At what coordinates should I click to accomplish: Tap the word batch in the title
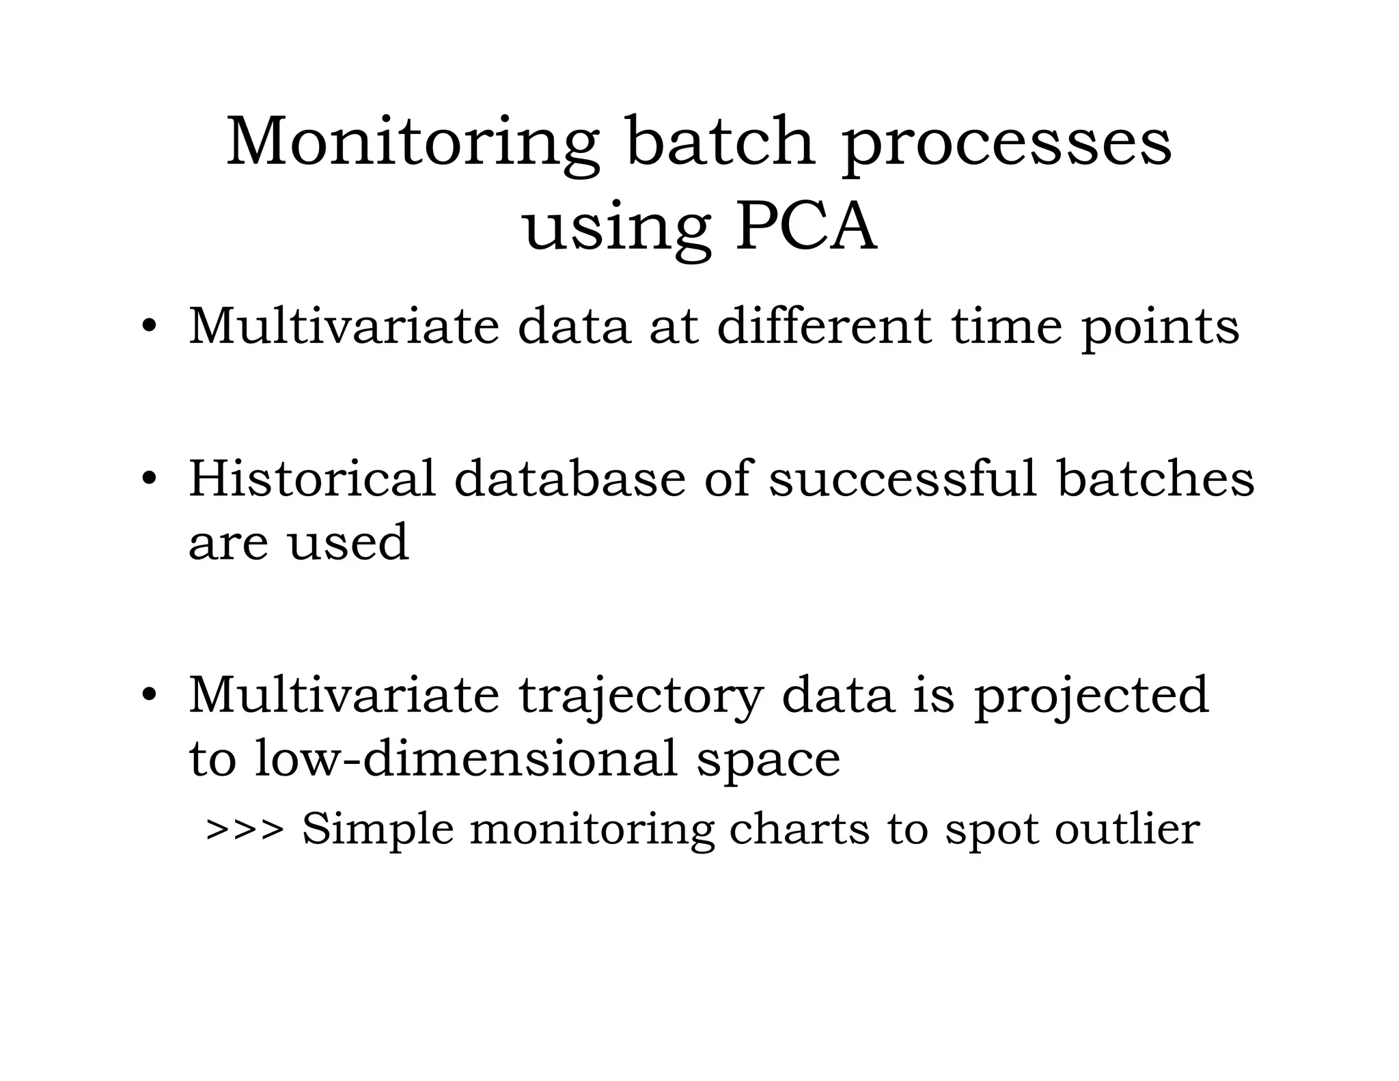pos(721,141)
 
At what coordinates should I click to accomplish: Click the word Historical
pos(311,478)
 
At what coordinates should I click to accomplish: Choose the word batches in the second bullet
pos(1156,478)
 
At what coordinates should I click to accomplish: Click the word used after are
pos(348,543)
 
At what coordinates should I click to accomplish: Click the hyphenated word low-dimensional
pos(467,758)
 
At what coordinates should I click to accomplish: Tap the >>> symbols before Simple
pos(245,830)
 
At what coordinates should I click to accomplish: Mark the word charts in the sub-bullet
pos(799,830)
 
